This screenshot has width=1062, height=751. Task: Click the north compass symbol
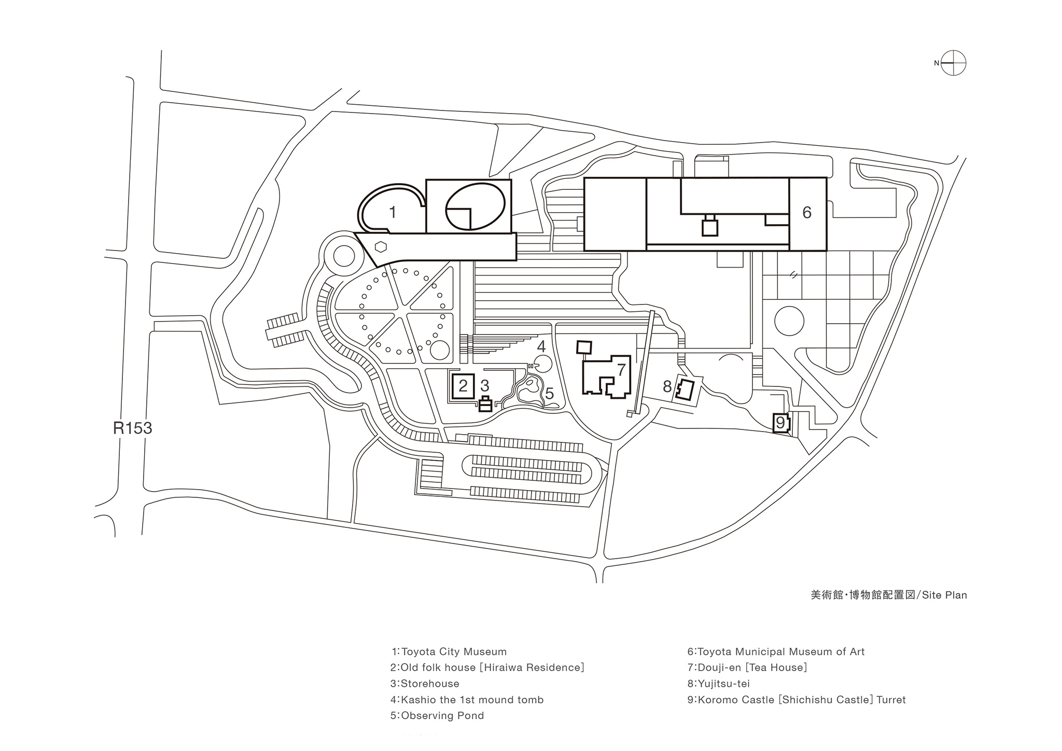(953, 63)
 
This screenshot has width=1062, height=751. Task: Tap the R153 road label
(133, 428)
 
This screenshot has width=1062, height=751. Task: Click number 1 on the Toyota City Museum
(393, 212)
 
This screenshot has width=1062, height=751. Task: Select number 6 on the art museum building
(806, 212)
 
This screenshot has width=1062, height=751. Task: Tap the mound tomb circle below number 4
(542, 364)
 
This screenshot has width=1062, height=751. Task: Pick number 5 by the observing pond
(549, 394)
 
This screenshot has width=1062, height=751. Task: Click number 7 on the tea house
(621, 369)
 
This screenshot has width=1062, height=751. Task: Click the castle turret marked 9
(781, 423)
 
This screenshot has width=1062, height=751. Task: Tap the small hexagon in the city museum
(381, 246)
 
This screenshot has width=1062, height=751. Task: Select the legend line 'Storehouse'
(430, 684)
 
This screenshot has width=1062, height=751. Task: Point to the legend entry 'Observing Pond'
(442, 716)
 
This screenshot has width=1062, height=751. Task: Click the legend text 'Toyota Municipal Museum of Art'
(781, 652)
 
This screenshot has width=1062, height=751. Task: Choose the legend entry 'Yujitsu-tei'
(724, 684)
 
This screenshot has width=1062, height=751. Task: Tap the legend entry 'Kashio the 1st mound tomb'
(472, 700)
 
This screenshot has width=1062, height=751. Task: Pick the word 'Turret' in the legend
(891, 700)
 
